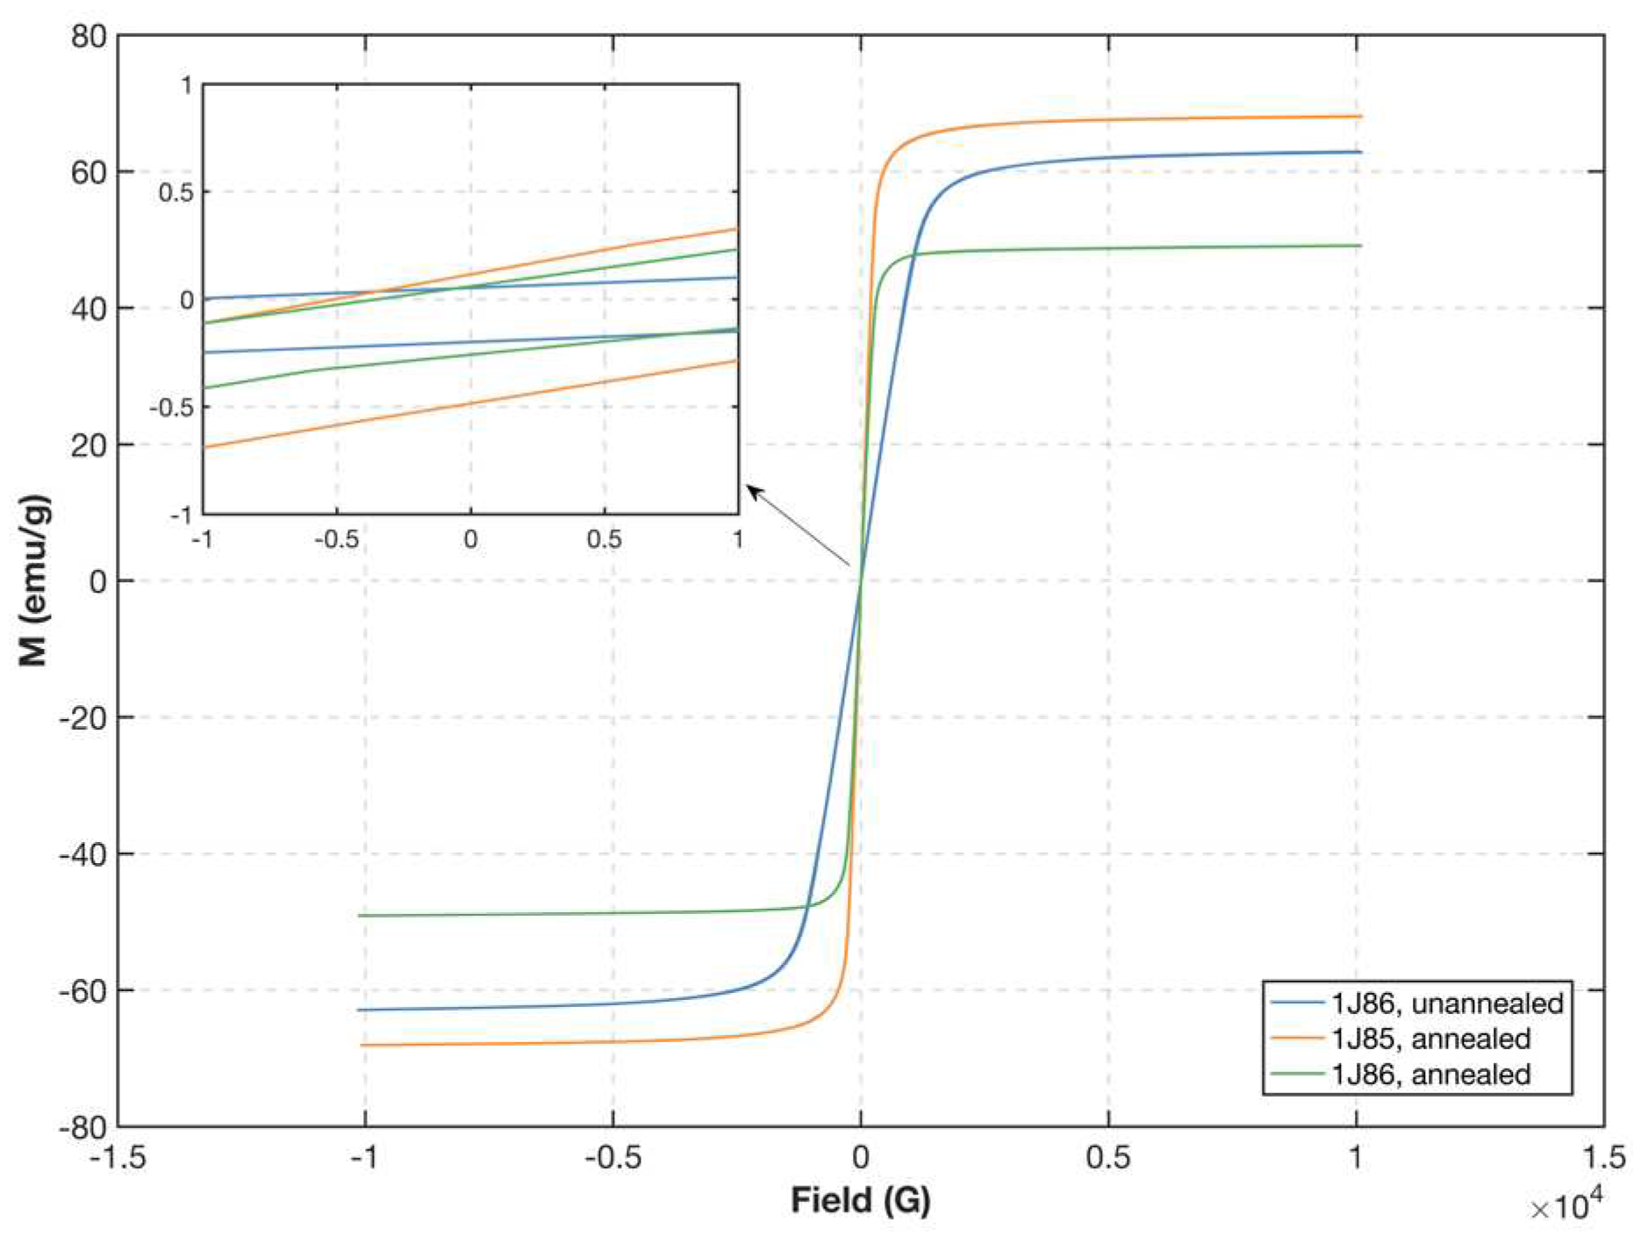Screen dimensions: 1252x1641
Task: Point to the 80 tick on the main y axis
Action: coord(88,37)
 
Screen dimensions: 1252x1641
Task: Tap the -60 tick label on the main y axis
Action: coord(82,990)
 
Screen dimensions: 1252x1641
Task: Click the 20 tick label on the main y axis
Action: coord(88,445)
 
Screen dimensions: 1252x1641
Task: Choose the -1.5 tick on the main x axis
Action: coord(118,1158)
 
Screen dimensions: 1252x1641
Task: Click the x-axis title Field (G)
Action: coord(861,1200)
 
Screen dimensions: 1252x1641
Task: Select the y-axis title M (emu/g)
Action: coord(34,581)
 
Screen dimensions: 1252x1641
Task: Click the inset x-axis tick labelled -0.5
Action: coord(337,539)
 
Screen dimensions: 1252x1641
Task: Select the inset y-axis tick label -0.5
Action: coord(171,407)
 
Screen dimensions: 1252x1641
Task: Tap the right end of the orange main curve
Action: coord(1361,116)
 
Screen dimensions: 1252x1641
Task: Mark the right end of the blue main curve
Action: coord(1361,152)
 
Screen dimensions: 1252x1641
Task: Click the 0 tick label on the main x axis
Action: coord(861,1158)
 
